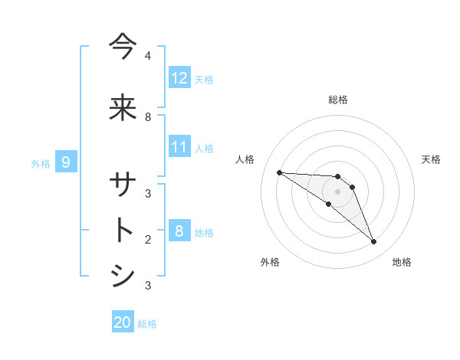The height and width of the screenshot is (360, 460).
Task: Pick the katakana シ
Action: click(123, 276)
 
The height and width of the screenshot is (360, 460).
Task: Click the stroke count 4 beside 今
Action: click(148, 56)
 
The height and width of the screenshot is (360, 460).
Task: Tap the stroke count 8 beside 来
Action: click(148, 116)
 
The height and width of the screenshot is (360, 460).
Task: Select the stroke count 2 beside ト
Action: click(148, 239)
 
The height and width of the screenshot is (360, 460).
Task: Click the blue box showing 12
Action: click(179, 78)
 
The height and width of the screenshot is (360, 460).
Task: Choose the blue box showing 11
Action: click(179, 147)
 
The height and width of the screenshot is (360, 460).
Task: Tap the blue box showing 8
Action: click(179, 231)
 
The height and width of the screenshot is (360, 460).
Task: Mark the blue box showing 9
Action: click(66, 162)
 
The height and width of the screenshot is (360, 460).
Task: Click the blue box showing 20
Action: click(123, 322)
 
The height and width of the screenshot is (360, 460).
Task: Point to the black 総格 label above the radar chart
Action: click(337, 100)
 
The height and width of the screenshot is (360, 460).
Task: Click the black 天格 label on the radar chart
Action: click(431, 159)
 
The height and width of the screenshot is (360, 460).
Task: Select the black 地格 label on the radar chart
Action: click(402, 262)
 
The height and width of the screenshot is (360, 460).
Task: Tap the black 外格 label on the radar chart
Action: click(270, 262)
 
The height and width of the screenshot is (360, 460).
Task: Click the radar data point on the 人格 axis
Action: click(279, 172)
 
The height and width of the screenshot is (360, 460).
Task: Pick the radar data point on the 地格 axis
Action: click(373, 242)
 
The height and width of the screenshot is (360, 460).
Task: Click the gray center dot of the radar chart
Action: click(337, 191)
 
